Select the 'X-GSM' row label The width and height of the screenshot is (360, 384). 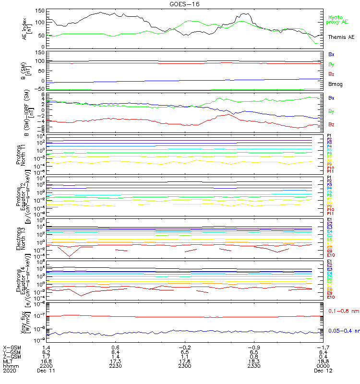pos(12,347)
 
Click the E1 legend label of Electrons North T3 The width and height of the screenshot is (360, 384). pos(330,220)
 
